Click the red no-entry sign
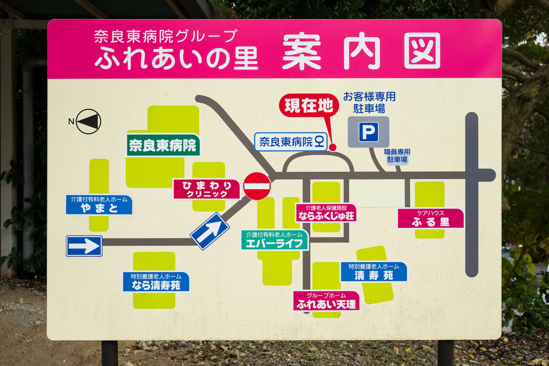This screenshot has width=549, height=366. pyautogui.click(x=257, y=186)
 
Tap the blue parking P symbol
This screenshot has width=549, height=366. pyautogui.click(x=369, y=132)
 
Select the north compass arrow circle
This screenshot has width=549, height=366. pyautogui.click(x=89, y=122)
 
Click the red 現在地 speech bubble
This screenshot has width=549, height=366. pyautogui.click(x=309, y=106)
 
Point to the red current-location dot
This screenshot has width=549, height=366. pyautogui.click(x=333, y=147)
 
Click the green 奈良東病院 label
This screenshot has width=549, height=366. pyautogui.click(x=163, y=145)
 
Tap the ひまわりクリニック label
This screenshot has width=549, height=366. pyautogui.click(x=207, y=189)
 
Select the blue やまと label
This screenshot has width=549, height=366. pyautogui.click(x=99, y=205)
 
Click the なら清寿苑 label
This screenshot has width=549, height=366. pyautogui.click(x=156, y=282)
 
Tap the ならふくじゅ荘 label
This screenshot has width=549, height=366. pyautogui.click(x=326, y=212)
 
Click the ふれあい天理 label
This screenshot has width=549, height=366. pyautogui.click(x=326, y=301)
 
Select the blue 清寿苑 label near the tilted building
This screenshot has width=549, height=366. pyautogui.click(x=374, y=272)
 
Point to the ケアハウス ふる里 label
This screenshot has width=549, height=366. pyautogui.click(x=430, y=218)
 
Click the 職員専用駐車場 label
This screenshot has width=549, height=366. pyautogui.click(x=397, y=156)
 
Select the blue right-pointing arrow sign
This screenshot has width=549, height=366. pyautogui.click(x=84, y=246)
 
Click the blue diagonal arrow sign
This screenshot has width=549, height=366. pyautogui.click(x=210, y=231)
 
